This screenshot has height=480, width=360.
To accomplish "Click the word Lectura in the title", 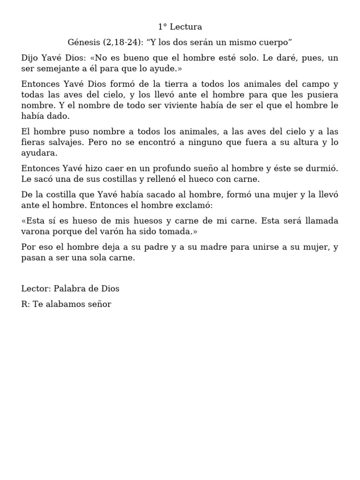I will (x=187, y=27).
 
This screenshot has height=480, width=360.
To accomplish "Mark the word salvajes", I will (x=65, y=142).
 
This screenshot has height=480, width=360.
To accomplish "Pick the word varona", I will (x=36, y=231).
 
